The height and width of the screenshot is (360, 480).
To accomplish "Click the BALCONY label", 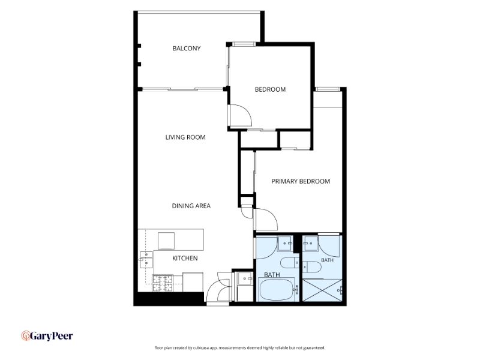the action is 187,49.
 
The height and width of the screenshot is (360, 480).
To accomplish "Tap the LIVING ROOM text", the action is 185,137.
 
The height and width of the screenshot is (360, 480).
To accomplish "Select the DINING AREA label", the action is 191,206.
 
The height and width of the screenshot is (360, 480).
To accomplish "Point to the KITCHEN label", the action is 185,259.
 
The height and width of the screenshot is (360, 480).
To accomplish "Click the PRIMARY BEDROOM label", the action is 301,181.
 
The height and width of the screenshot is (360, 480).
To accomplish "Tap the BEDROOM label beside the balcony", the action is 270,89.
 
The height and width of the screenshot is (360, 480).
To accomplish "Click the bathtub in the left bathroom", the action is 277,289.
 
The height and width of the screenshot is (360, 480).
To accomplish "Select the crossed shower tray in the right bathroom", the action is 322,290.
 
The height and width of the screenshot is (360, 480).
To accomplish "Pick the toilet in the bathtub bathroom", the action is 290,263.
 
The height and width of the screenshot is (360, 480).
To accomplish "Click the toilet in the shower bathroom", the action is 312,266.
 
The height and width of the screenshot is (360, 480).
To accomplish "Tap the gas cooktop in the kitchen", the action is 163,283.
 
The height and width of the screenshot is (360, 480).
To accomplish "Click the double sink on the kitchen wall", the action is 146,260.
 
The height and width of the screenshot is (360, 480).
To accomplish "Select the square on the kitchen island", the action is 166,241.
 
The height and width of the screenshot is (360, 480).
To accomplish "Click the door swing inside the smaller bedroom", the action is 241,115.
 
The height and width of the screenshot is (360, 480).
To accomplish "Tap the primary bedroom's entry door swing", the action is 266,219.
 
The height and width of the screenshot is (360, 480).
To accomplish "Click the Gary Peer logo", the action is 47,336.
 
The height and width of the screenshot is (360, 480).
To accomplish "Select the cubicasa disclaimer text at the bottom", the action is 239,348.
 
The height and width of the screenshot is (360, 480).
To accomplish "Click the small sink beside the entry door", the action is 245,278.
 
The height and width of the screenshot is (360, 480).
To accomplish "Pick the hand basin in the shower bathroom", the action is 310,244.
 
